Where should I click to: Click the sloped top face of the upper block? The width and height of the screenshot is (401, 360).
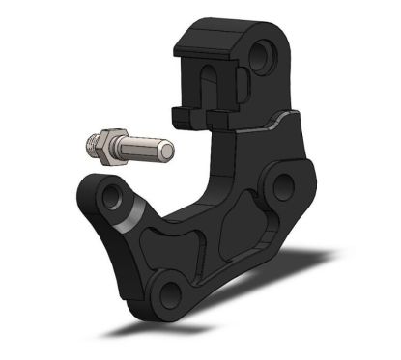(208, 40)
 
